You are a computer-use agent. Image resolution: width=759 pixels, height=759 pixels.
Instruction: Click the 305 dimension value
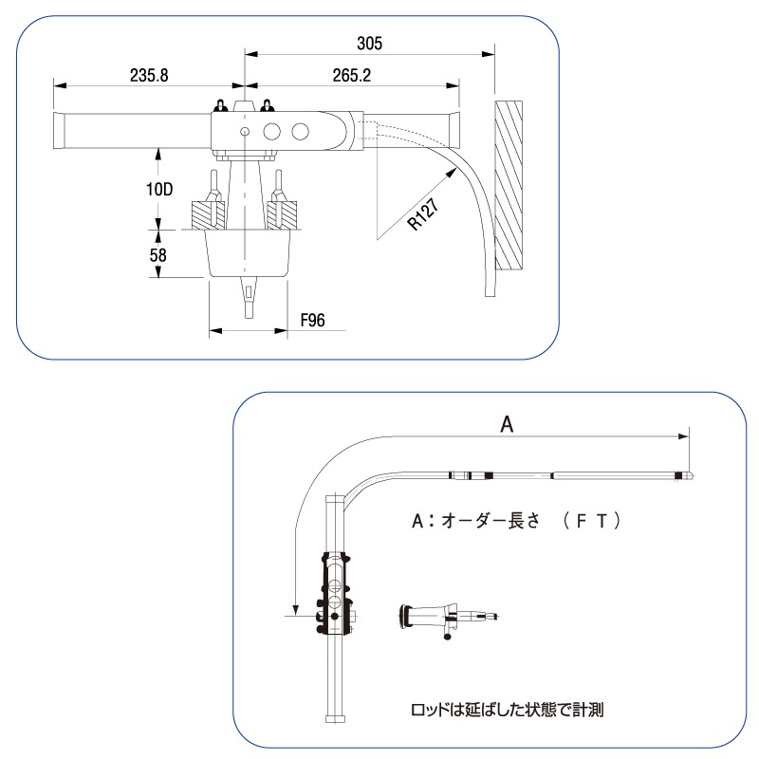369,43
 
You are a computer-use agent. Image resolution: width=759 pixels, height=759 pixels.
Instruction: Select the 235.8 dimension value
149,76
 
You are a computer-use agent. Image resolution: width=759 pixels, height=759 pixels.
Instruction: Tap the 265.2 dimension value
352,76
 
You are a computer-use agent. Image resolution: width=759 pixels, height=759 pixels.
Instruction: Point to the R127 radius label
423,213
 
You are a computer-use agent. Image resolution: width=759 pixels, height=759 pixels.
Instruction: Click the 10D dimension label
159,189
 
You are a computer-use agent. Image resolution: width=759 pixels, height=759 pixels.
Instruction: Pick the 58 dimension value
157,255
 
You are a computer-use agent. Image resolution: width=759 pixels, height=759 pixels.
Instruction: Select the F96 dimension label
312,320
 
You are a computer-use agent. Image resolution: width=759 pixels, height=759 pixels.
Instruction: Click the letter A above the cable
507,424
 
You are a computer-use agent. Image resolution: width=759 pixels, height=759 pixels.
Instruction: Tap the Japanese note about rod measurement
507,710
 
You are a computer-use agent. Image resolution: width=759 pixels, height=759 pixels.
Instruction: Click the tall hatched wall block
509,185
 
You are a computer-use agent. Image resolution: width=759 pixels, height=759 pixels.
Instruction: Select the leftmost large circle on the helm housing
272,131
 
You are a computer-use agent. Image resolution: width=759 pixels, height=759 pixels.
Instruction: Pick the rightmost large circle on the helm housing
301,131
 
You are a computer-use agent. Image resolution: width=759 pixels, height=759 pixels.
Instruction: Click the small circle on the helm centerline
245,131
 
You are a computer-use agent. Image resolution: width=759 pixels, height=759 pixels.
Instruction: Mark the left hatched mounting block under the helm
208,215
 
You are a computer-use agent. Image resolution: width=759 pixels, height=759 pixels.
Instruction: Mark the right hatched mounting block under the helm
282,215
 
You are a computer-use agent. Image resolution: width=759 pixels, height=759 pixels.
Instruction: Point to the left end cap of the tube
59,132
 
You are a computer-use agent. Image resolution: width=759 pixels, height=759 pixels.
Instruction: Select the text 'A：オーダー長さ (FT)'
516,521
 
